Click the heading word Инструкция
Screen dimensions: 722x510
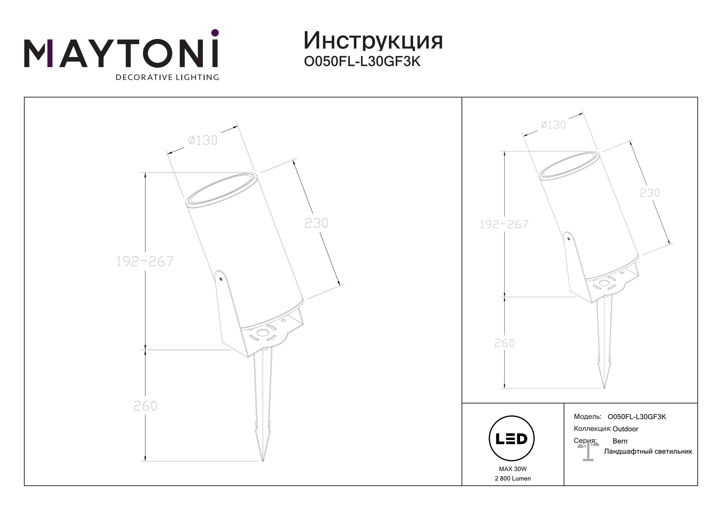coord(373,41)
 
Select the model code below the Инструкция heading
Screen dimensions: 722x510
coord(362,62)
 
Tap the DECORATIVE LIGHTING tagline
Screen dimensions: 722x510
coord(167,77)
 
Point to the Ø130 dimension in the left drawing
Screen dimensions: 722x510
coord(203,140)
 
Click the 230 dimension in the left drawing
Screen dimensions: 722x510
coord(316,223)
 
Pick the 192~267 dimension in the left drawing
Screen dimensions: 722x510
coord(145,261)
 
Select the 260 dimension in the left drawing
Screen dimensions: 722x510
coord(145,406)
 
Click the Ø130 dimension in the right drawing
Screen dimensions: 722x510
coord(553,125)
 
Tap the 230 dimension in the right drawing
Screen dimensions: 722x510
coord(650,193)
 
